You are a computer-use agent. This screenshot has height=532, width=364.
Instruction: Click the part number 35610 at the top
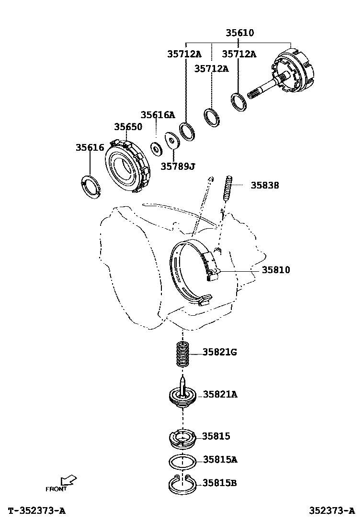pos(240,33)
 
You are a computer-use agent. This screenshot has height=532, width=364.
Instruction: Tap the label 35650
pos(128,127)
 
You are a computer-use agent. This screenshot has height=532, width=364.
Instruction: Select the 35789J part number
pos(178,166)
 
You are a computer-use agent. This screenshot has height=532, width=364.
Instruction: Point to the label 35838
pos(265,185)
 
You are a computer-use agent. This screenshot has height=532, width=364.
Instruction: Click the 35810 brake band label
pos(276,270)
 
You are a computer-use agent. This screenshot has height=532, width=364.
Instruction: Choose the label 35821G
pos(220,352)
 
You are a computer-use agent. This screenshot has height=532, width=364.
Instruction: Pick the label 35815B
pos(220,482)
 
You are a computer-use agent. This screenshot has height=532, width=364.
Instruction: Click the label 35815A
pos(220,459)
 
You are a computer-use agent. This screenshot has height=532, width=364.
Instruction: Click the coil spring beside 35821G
pos(182,354)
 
